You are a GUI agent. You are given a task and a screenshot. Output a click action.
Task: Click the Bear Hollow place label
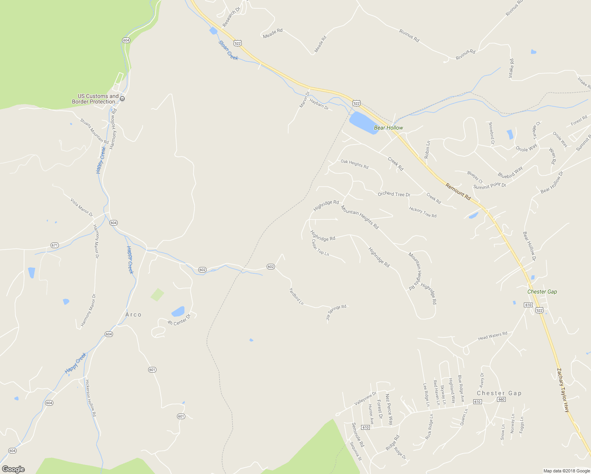(x=388, y=128)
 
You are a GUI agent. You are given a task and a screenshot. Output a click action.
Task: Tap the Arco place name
(x=133, y=314)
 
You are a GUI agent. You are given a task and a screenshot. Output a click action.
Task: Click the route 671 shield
(x=55, y=245)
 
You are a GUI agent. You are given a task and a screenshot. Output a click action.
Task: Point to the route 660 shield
(x=501, y=399)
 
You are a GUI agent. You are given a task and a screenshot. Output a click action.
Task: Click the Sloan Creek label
(x=228, y=50)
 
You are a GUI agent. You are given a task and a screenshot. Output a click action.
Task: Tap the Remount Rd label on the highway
(x=458, y=191)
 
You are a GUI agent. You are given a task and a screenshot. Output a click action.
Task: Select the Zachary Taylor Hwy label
(x=563, y=390)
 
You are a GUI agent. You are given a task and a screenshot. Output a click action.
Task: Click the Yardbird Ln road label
(x=296, y=296)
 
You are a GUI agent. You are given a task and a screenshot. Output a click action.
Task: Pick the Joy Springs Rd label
(x=336, y=312)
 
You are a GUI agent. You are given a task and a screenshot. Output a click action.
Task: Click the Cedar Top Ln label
(x=320, y=248)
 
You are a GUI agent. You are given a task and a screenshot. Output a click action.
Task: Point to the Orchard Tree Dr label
(x=394, y=194)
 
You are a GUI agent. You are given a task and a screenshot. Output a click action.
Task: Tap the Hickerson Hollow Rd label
(x=90, y=398)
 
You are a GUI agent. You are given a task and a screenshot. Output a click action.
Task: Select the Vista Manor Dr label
(x=82, y=207)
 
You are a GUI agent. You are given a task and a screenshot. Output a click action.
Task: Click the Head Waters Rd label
(x=492, y=336)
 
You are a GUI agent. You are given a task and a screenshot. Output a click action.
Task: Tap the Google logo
(x=13, y=469)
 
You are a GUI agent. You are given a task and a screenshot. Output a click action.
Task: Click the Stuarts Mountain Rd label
(x=94, y=131)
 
